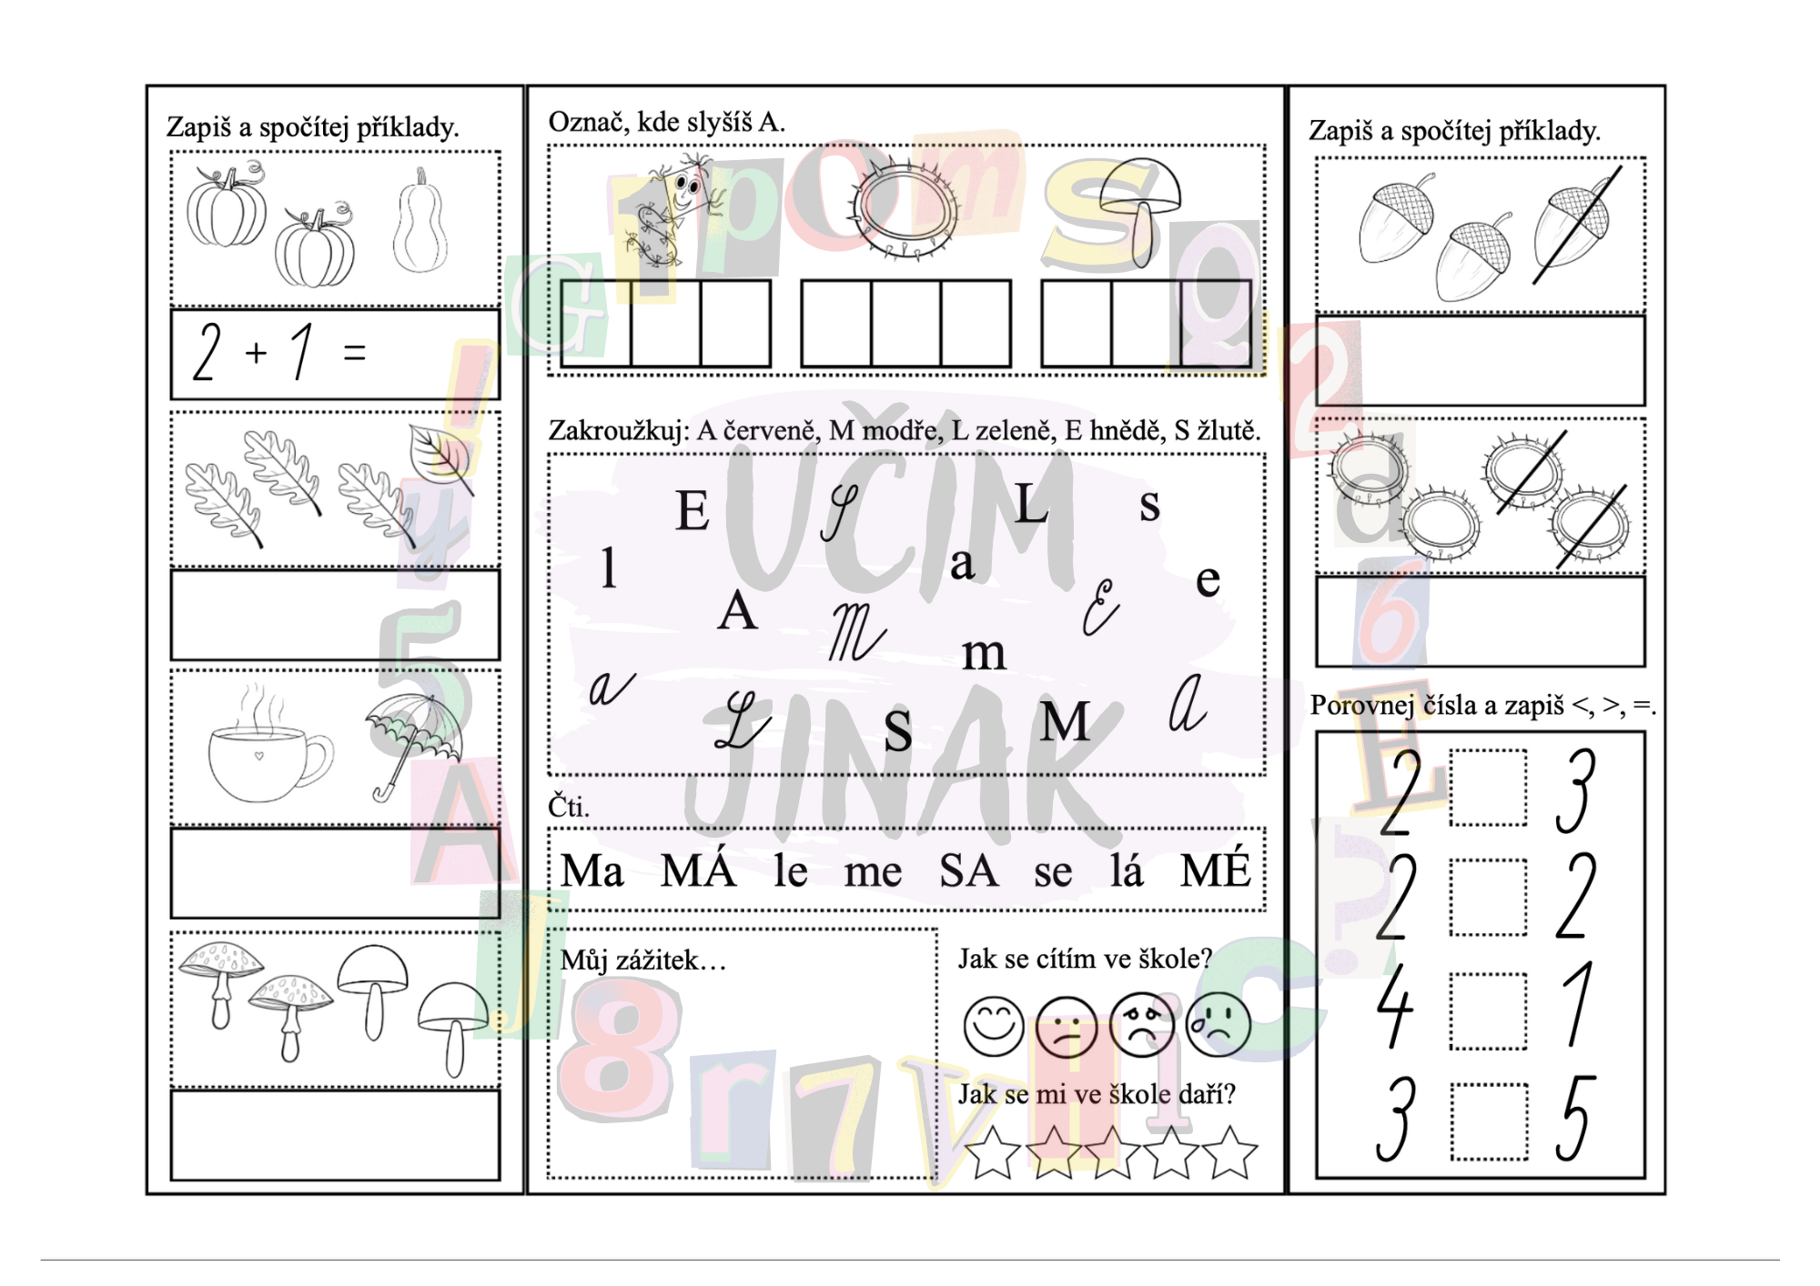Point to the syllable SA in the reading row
coord(968,871)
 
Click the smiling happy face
coord(994,1026)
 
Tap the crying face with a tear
coord(1218,1025)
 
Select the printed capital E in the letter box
coord(693,510)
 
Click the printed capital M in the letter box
coord(1065,722)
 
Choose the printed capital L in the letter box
coord(1031,503)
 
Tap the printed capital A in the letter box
coord(737,610)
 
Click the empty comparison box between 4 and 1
coord(1489,1010)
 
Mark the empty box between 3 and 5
coord(1490,1121)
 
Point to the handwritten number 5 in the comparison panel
coord(1576,1118)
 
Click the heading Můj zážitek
coord(643,960)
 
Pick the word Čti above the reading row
coord(569,805)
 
